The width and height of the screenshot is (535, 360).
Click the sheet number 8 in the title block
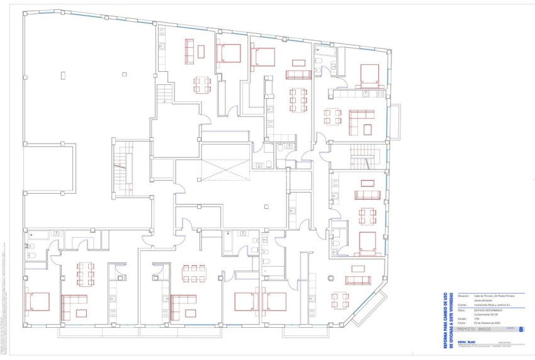point(521,329)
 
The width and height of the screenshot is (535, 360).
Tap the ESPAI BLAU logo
point(466,342)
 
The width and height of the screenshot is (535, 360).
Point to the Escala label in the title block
point(463,318)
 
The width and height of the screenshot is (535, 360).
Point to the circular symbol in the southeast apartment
point(329,278)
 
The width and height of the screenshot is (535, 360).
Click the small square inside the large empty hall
point(63,74)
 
